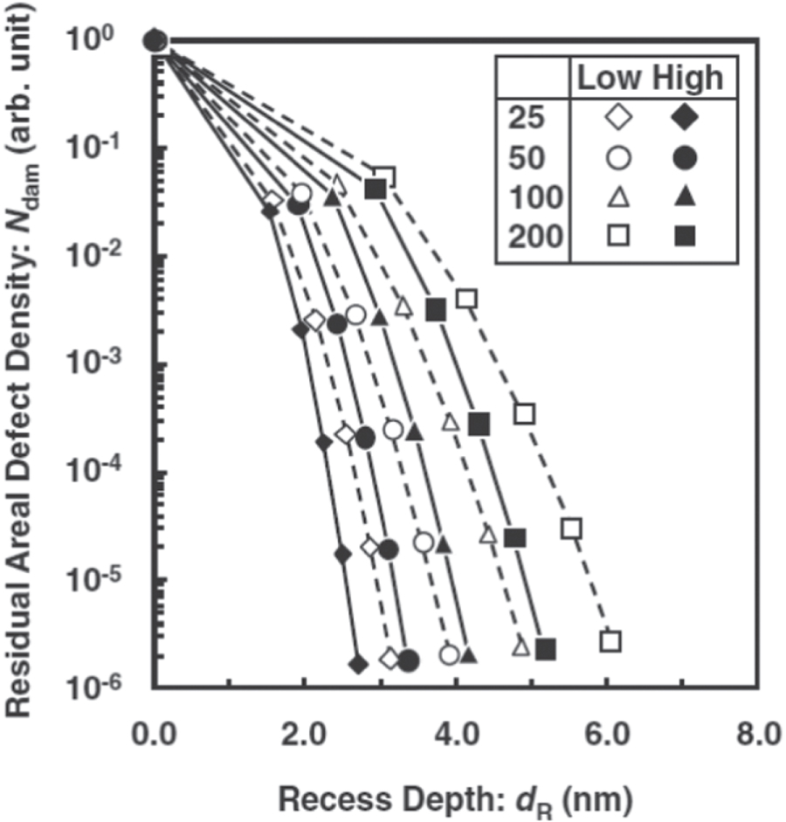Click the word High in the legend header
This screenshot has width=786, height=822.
[687, 79]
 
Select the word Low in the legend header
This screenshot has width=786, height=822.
[610, 79]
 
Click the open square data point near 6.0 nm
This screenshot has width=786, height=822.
[610, 641]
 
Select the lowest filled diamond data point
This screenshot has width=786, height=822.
[356, 664]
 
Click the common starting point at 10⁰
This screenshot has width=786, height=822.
[155, 40]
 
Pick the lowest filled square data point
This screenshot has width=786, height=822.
[546, 649]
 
